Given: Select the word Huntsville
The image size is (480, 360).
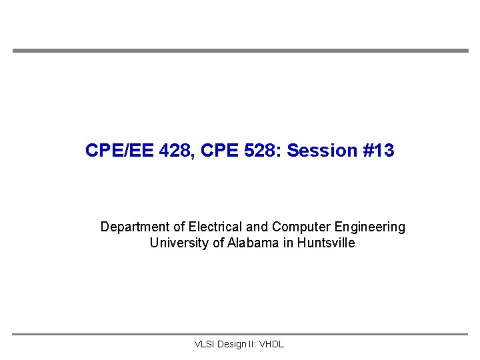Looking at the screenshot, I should pyautogui.click(x=326, y=243).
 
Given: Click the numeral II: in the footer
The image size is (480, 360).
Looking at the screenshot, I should pyautogui.click(x=253, y=345).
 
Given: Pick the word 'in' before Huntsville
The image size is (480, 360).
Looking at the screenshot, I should pyautogui.click(x=288, y=243).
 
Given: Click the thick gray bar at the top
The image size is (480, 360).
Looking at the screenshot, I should pyautogui.click(x=240, y=51).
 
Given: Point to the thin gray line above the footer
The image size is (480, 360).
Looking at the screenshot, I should pyautogui.click(x=240, y=334).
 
